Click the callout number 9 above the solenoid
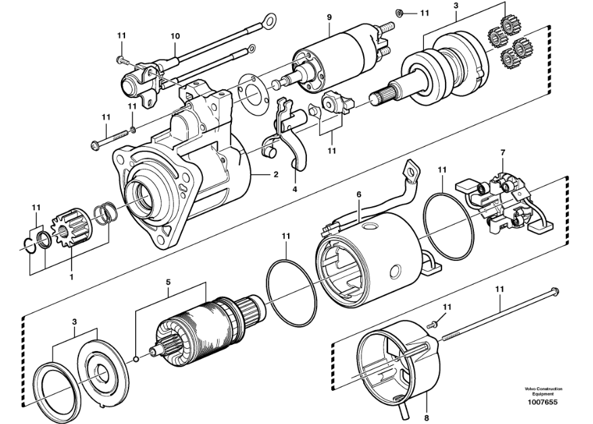point(329,16)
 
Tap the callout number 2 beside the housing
point(275,174)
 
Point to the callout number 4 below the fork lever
point(295,189)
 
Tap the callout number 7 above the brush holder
point(502,154)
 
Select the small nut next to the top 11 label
point(400,13)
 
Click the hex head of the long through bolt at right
point(554,291)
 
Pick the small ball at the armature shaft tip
point(137,358)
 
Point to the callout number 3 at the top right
point(456,6)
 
